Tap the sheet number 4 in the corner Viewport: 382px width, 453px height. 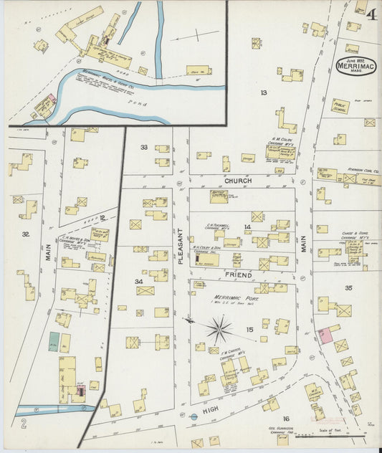click(371, 14)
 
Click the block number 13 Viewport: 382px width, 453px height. click(264, 92)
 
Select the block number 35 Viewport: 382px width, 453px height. click(348, 287)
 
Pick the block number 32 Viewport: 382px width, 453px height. click(26, 234)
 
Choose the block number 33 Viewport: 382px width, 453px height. click(144, 147)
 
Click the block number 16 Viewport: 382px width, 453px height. click(285, 419)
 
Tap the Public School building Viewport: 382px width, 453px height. click(340, 105)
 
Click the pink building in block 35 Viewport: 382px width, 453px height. click(329, 334)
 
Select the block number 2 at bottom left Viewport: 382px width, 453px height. click(24, 424)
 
